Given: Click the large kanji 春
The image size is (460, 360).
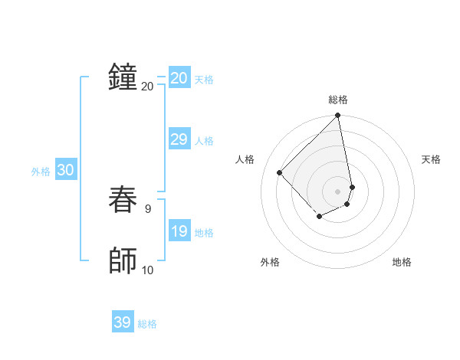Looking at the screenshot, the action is tap(123, 201).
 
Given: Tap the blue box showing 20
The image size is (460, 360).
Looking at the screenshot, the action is tap(179, 78).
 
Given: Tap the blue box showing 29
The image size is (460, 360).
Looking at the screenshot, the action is tap(179, 139).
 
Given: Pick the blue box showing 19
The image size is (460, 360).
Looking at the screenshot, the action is tap(179, 231).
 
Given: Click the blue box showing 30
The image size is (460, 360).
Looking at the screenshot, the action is tap(65, 171).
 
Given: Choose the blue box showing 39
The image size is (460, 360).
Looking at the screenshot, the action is tap(123, 322).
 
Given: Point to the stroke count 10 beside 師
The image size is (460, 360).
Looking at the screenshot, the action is tap(148, 270).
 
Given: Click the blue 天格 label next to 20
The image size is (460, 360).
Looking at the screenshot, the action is tap(204, 80).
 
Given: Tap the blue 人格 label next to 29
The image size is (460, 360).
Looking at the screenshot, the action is tap(204, 141).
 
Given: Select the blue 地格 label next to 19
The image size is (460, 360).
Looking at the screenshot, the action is tap(204, 233).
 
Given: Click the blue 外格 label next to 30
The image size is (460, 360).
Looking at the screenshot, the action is tap(41, 172).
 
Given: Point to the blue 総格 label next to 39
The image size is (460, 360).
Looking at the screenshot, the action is tap(147, 324).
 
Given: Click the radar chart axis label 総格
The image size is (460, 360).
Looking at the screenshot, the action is tap(338, 100).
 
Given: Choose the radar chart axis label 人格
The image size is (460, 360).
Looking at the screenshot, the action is tap(245, 159).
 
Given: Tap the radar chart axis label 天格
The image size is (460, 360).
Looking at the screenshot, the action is tap(431, 159).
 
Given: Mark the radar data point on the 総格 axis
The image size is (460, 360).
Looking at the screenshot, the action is tap(338, 116).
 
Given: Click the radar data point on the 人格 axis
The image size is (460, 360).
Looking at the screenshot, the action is tap(280, 172).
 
